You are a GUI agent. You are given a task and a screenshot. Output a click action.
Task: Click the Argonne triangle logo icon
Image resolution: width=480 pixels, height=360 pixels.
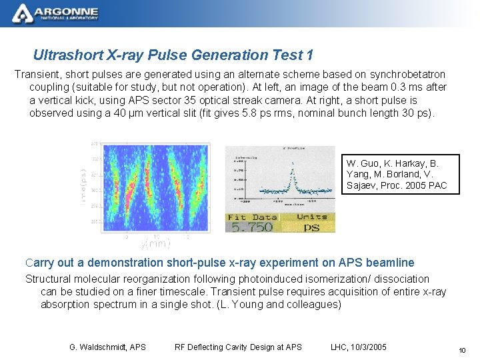tap(21, 12)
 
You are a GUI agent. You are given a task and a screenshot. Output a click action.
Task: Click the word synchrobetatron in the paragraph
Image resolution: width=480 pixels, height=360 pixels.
tap(403, 75)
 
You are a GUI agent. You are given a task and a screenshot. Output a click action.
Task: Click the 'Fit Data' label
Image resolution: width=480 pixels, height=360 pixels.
tap(252, 217)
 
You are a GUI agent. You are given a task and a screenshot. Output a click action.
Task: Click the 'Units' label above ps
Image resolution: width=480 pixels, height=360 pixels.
tap(311, 217)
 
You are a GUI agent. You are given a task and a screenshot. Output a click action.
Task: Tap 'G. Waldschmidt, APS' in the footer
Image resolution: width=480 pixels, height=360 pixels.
tap(107, 347)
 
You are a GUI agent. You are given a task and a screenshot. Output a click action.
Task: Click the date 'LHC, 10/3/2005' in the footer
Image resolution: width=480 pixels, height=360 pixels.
tap(359, 347)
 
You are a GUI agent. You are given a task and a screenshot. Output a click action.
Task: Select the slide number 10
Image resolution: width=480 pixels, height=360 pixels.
tap(461, 351)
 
